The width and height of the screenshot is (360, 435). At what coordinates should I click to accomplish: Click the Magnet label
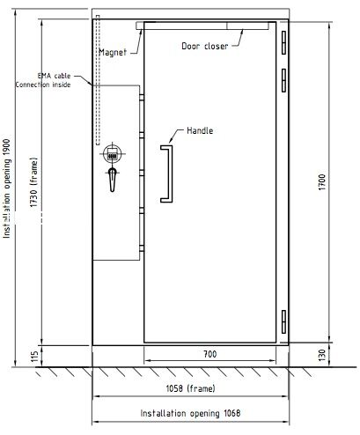pyautogui.click(x=113, y=52)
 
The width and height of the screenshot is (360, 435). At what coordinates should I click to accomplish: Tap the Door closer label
pyautogui.click(x=205, y=46)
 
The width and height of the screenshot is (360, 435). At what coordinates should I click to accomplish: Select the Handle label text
pyautogui.click(x=200, y=130)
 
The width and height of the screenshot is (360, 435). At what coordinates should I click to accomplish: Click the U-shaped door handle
pyautogui.click(x=166, y=173)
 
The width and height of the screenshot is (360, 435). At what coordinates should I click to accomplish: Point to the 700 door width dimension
pyautogui.click(x=210, y=354)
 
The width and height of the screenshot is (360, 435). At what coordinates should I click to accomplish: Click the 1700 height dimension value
pyautogui.click(x=322, y=182)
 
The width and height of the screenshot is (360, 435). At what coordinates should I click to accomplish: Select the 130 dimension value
pyautogui.click(x=322, y=355)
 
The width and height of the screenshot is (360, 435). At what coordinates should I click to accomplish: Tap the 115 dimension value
pyautogui.click(x=34, y=357)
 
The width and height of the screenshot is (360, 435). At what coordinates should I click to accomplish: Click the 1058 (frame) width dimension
pyautogui.click(x=191, y=388)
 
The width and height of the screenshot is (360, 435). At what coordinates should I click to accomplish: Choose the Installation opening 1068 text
pyautogui.click(x=190, y=413)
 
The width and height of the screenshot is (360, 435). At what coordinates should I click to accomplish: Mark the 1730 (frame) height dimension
pyautogui.click(x=33, y=182)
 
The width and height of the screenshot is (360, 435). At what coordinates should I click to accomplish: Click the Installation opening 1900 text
pyautogui.click(x=6, y=188)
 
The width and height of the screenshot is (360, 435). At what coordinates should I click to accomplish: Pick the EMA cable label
pyautogui.click(x=55, y=76)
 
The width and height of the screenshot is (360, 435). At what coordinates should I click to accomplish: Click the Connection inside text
pyautogui.click(x=43, y=85)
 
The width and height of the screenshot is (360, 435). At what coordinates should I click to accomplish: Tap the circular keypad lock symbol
pyautogui.click(x=113, y=154)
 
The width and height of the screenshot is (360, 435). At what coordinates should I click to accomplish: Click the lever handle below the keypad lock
pyautogui.click(x=113, y=180)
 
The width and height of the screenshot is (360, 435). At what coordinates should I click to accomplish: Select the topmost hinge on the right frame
pyautogui.click(x=283, y=43)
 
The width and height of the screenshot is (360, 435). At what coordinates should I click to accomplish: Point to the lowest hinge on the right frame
pyautogui.click(x=283, y=321)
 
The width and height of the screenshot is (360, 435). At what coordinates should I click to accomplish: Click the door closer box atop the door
pyautogui.click(x=247, y=26)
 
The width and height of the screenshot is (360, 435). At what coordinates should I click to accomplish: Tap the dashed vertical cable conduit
pyautogui.click(x=98, y=80)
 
